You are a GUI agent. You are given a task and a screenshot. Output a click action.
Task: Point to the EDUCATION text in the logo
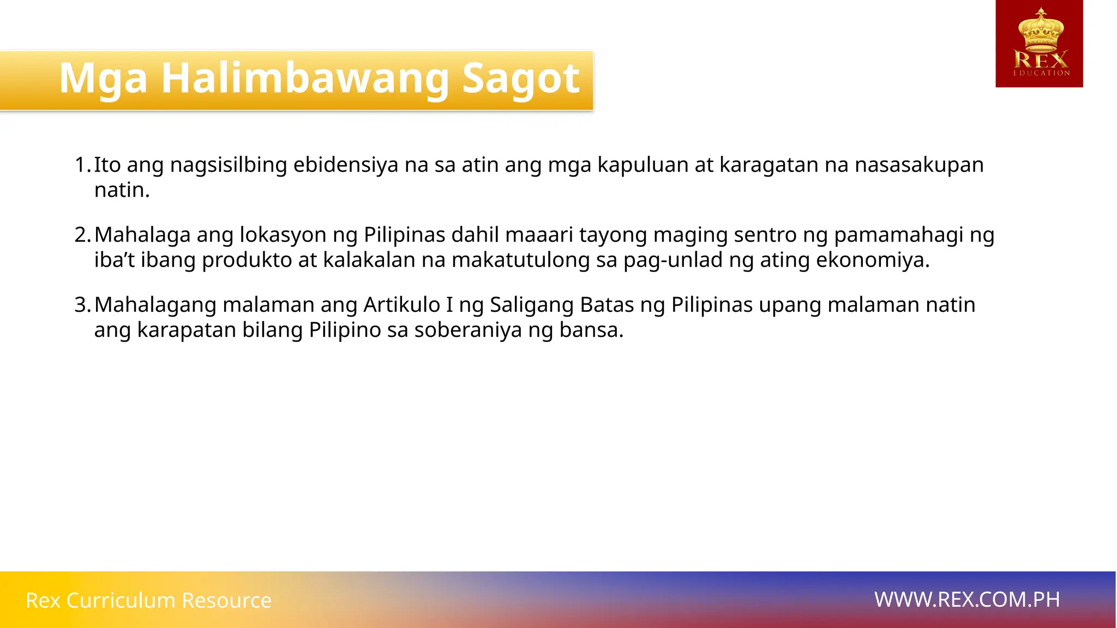[x=1041, y=73]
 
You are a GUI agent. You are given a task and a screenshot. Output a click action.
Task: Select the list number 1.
[x=82, y=165]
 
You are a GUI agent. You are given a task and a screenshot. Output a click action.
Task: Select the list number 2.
[x=82, y=235]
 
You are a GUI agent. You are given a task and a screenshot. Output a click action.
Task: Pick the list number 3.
[x=82, y=305]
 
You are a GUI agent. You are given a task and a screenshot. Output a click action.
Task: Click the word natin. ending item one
[x=122, y=190]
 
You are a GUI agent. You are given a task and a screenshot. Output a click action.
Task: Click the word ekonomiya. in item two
[x=873, y=260]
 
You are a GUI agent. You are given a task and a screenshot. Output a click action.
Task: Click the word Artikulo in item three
[x=401, y=305]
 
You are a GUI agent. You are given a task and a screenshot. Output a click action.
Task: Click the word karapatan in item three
[x=187, y=330]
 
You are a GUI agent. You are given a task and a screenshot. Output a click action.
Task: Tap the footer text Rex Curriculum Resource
[x=148, y=600]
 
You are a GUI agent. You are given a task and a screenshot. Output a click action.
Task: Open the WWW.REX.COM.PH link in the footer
[x=967, y=600]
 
